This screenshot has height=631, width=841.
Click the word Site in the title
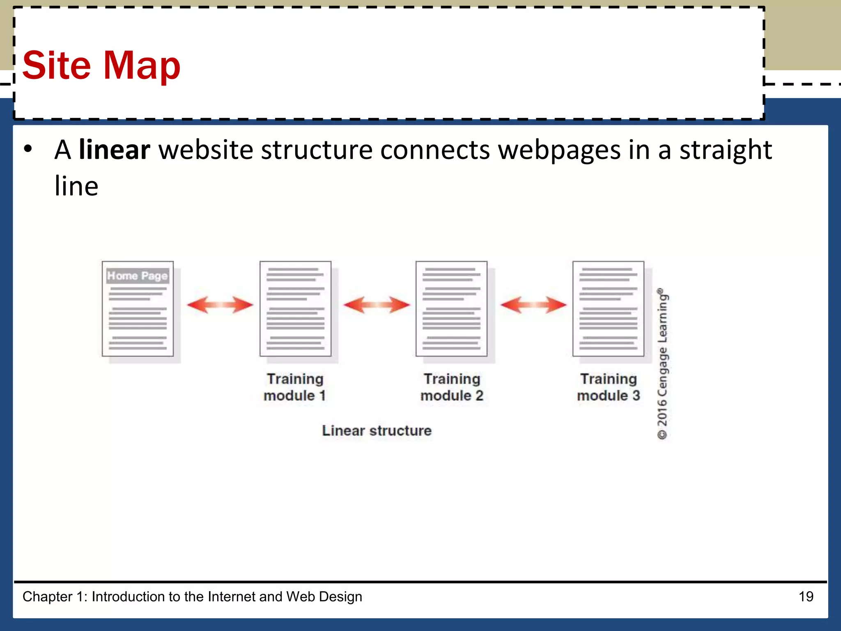pyautogui.click(x=56, y=65)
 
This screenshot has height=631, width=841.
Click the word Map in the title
pyautogui.click(x=142, y=65)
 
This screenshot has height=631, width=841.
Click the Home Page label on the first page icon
pyautogui.click(x=138, y=276)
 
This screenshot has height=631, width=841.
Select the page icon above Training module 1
pyautogui.click(x=295, y=309)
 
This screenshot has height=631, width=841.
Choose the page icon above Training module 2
pyautogui.click(x=451, y=309)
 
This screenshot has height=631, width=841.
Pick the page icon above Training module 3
pyautogui.click(x=608, y=309)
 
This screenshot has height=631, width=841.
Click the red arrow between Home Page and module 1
pyautogui.click(x=220, y=305)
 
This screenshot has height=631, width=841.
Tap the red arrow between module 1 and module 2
pyautogui.click(x=377, y=305)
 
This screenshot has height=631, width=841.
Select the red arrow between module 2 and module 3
pyautogui.click(x=533, y=305)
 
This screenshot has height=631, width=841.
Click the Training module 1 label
pyautogui.click(x=295, y=387)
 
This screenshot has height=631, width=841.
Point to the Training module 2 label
pyautogui.click(x=452, y=387)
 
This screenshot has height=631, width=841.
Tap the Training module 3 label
pyautogui.click(x=609, y=387)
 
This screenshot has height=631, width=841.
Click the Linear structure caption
pyautogui.click(x=377, y=431)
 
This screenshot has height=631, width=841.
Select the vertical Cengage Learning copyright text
pyautogui.click(x=662, y=364)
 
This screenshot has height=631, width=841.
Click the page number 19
pyautogui.click(x=806, y=596)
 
